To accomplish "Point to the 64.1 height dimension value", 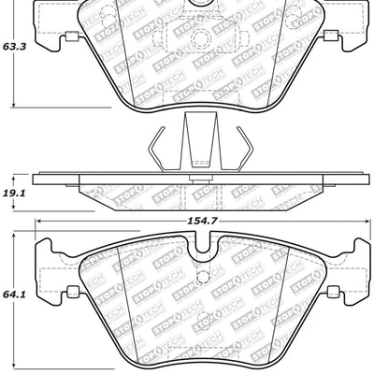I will coord(13,294).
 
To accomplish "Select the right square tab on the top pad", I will coord(330,37).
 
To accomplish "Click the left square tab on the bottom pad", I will coord(68,293).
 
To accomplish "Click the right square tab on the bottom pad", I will coord(332,293).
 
